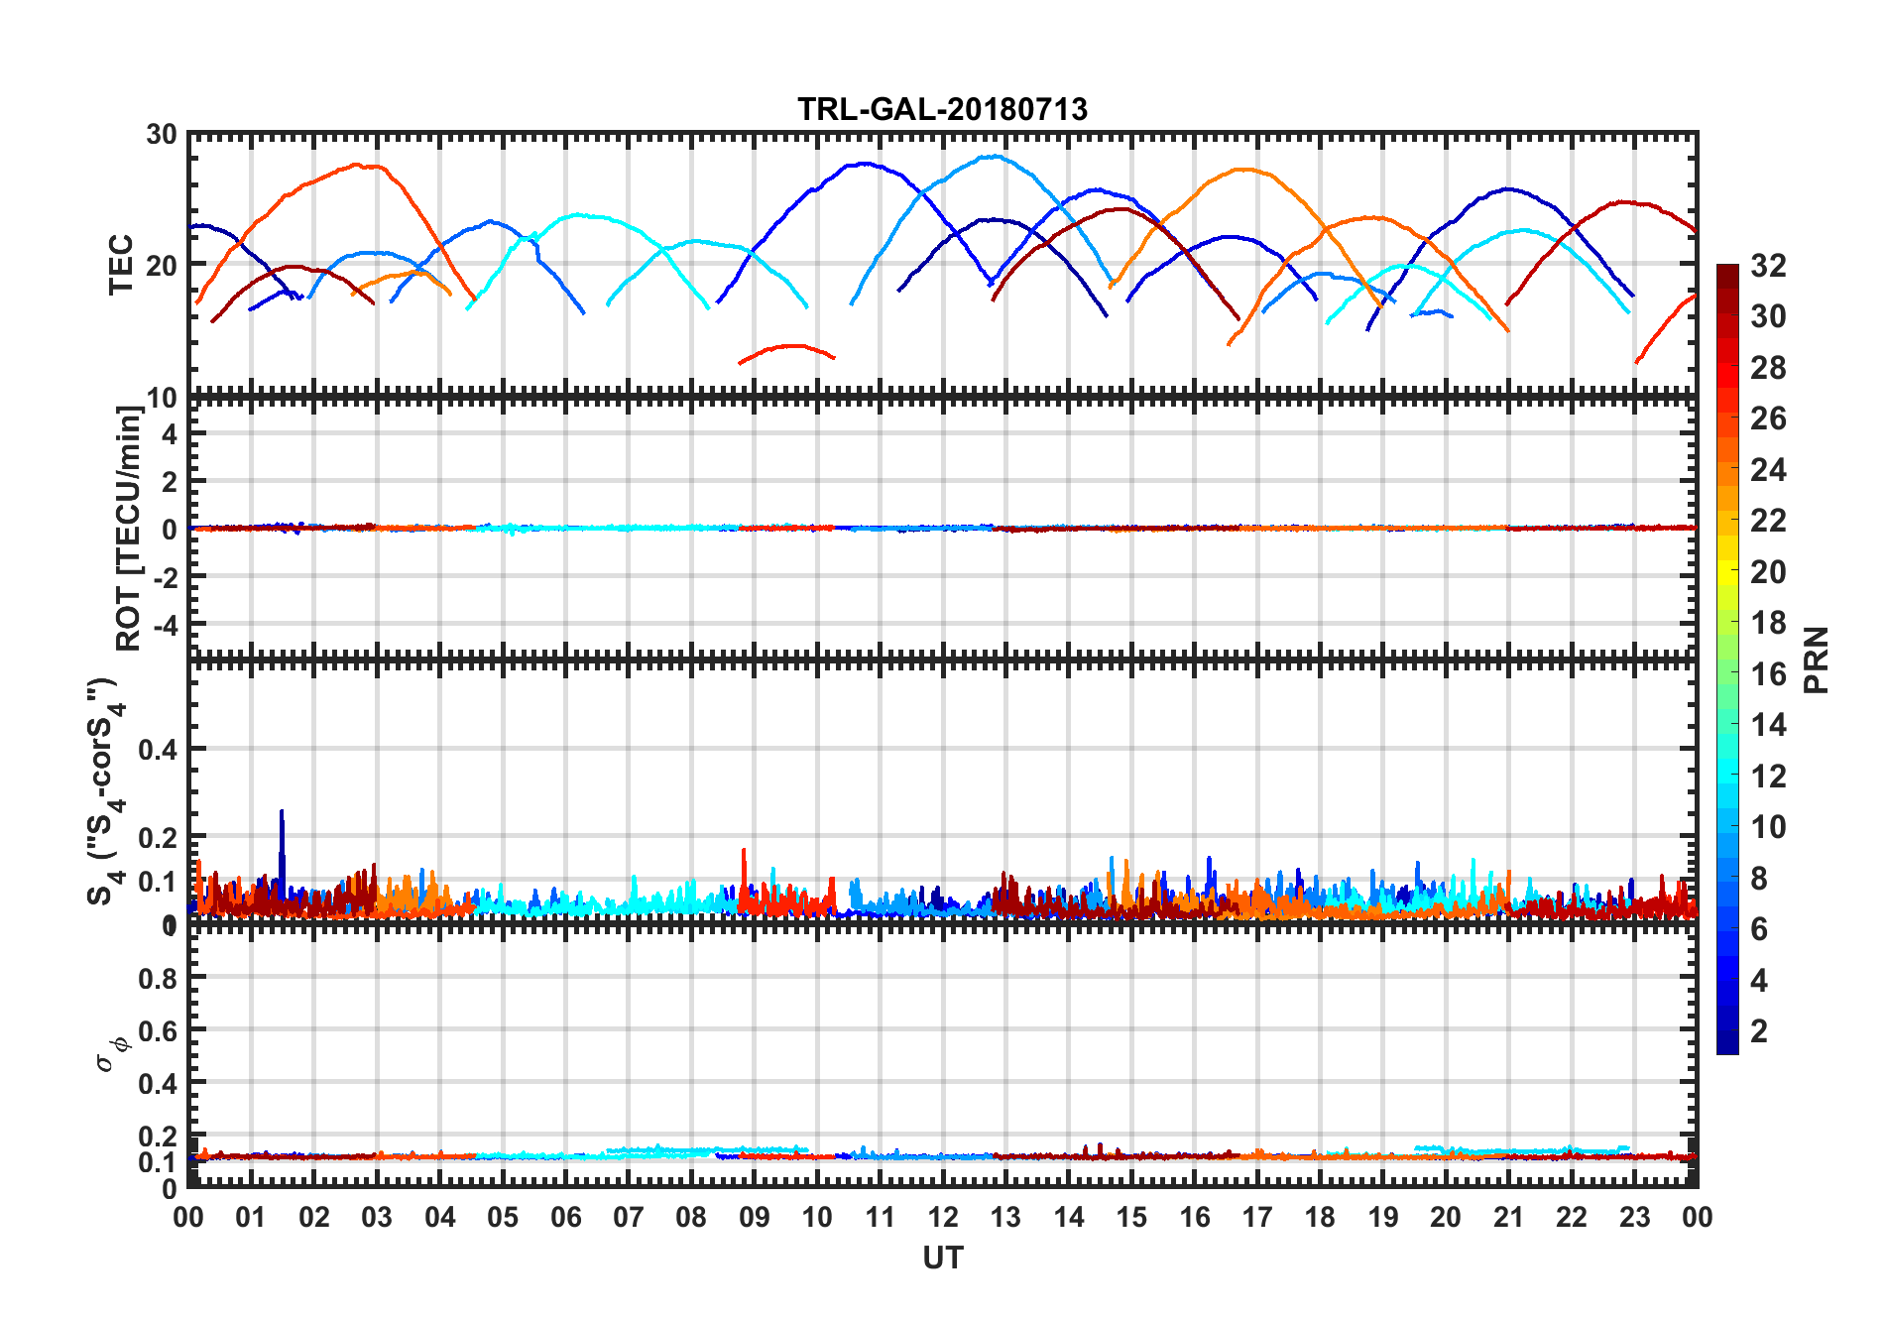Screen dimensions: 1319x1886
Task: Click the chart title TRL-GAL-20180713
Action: tap(942, 108)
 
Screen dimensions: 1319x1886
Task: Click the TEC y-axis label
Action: tap(121, 264)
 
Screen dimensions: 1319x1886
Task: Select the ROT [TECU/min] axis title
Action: tap(129, 528)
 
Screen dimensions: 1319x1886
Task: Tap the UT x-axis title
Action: tap(942, 1258)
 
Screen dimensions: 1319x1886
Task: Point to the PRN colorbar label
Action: tap(1816, 659)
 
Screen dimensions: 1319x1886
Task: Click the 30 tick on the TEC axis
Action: tap(162, 134)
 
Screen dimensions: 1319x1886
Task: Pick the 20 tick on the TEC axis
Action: tap(162, 265)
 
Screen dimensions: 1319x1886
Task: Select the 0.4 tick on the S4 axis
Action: tap(158, 750)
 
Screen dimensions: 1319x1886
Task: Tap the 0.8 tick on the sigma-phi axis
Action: tap(158, 978)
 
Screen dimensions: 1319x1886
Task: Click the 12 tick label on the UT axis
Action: tap(942, 1217)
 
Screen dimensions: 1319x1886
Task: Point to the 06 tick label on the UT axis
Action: tap(565, 1217)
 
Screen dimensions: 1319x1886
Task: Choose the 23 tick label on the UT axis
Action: tap(1634, 1217)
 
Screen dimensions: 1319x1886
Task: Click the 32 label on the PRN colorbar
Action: tap(1768, 266)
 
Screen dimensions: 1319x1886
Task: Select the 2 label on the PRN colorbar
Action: tap(1759, 1031)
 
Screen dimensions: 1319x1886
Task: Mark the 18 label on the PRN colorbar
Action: tap(1768, 623)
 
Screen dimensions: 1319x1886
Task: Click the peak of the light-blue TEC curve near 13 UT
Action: tap(993, 156)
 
